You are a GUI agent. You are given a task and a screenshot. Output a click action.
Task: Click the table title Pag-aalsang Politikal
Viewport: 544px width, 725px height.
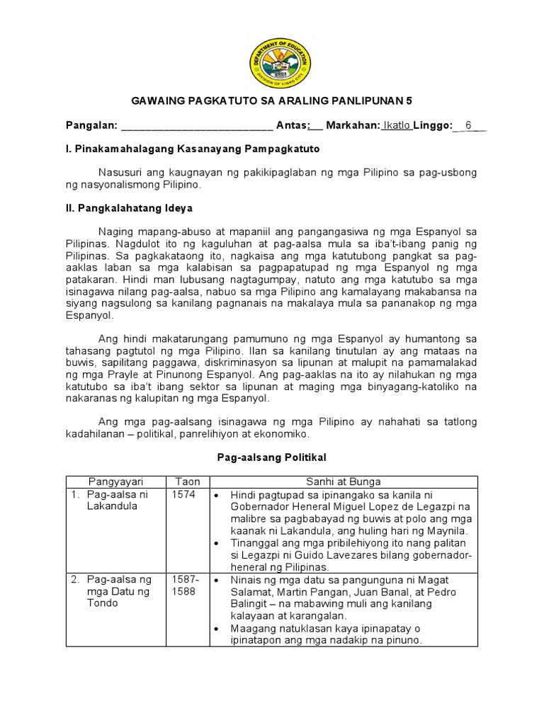[272, 459]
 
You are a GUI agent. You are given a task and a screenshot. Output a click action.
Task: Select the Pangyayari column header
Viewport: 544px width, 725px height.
[115, 481]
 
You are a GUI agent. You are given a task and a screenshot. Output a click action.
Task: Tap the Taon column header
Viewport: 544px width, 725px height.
[187, 481]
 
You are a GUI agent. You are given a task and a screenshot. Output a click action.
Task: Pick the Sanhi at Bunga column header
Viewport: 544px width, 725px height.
[344, 481]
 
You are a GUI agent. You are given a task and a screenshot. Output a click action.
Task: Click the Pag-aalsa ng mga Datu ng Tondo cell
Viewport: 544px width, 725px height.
[117, 591]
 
